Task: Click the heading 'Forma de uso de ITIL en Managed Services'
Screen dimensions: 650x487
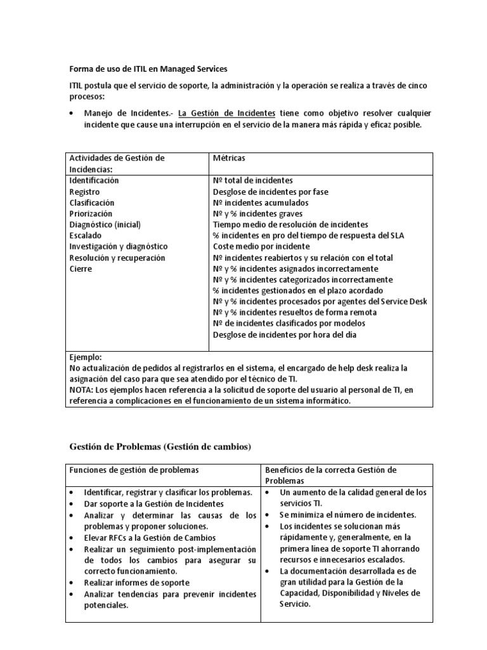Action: pyautogui.click(x=147, y=69)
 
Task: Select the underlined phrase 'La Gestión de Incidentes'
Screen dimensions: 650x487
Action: pyautogui.click(x=227, y=114)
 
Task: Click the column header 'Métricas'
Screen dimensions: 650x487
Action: pyautogui.click(x=229, y=157)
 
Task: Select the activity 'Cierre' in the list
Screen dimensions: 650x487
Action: pyautogui.click(x=81, y=269)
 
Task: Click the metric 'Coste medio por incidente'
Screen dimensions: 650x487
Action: pyautogui.click(x=261, y=246)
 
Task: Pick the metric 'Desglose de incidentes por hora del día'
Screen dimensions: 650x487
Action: pyautogui.click(x=289, y=335)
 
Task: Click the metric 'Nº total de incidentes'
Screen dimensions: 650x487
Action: pyautogui.click(x=252, y=180)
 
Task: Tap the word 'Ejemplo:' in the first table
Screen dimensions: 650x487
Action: pyautogui.click(x=86, y=357)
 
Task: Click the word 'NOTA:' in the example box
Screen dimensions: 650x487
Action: pyautogui.click(x=83, y=390)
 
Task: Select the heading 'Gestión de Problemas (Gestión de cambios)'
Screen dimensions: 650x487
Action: pyautogui.click(x=160, y=447)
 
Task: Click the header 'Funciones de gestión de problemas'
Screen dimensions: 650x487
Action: pyautogui.click(x=134, y=470)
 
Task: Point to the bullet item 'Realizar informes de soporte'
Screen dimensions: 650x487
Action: pyautogui.click(x=137, y=582)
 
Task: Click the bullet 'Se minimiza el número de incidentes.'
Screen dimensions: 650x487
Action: pyautogui.click(x=348, y=515)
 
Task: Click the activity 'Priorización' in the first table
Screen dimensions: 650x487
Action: pyautogui.click(x=91, y=213)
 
